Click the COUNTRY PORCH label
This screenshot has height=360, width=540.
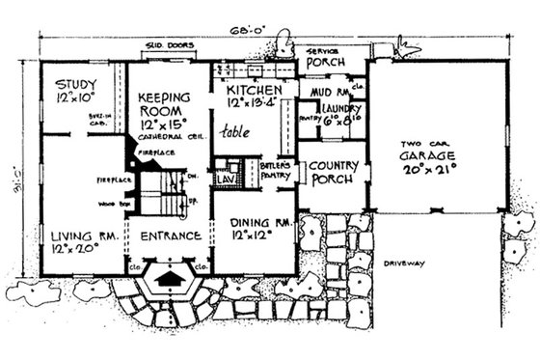click(335, 172)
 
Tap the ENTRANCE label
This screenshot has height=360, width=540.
click(170, 235)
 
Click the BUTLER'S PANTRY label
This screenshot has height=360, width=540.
click(274, 172)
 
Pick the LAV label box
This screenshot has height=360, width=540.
click(225, 180)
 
